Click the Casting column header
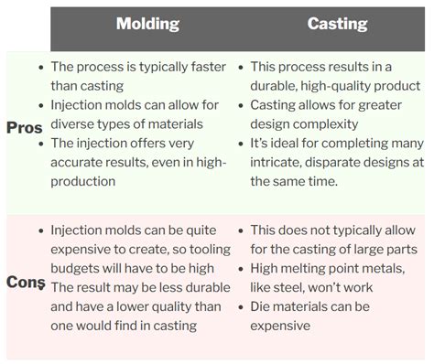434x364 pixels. [x=337, y=25]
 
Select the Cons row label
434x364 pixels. [x=26, y=283]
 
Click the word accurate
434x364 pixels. [x=81, y=163]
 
